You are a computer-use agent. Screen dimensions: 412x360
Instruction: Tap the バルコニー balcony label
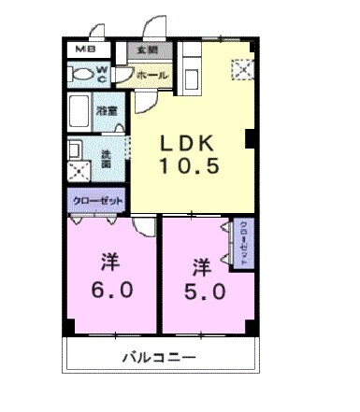[157, 358]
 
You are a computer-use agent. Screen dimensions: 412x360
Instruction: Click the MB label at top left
[82, 50]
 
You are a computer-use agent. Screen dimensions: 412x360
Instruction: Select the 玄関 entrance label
[148, 50]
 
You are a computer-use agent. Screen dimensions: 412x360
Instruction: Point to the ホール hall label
[151, 74]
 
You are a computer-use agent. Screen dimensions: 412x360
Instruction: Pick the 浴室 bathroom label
[108, 110]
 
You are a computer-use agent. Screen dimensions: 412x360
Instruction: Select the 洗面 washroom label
[106, 159]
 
